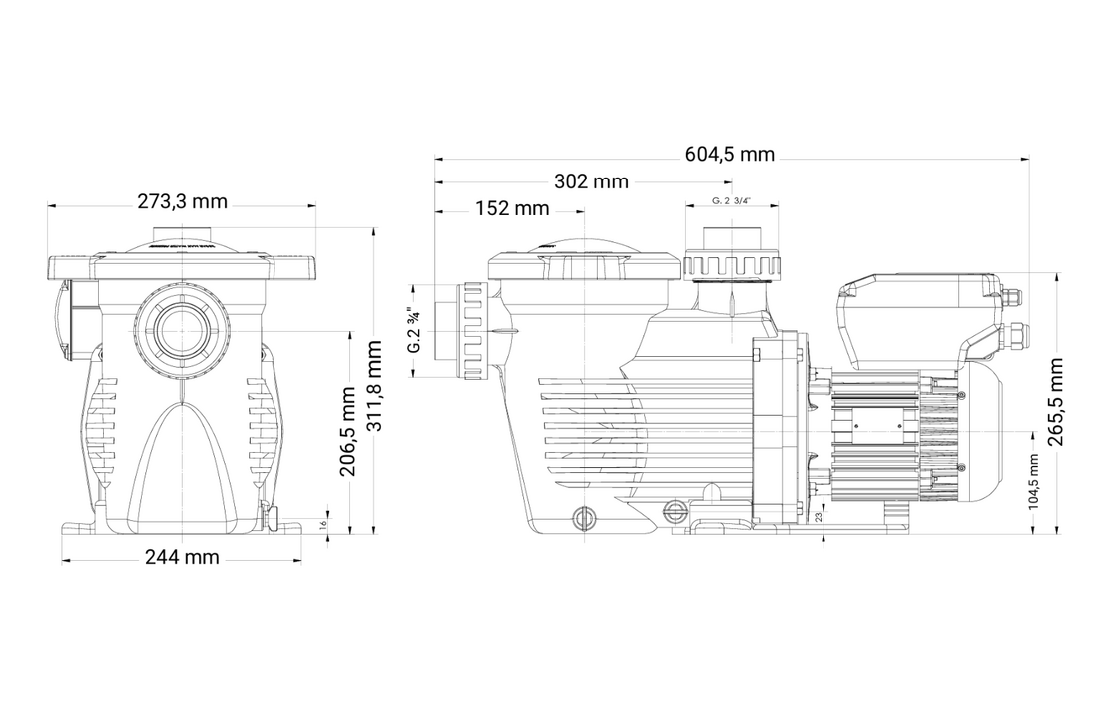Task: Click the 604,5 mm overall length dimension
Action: coord(729,155)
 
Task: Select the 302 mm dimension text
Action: coord(591,181)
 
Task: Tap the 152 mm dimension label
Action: coord(512,208)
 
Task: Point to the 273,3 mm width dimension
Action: coord(182,202)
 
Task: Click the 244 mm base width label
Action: coord(182,557)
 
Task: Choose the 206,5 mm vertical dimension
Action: coord(348,431)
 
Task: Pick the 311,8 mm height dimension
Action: coord(374,386)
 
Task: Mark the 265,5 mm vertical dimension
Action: coord(1056,401)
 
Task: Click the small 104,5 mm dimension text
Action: coord(1033,482)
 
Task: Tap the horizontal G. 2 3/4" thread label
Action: coord(731,201)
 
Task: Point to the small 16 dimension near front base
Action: coord(324,524)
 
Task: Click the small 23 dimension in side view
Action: coord(819,516)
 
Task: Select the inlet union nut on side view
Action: coord(473,330)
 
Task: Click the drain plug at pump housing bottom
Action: coord(582,517)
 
